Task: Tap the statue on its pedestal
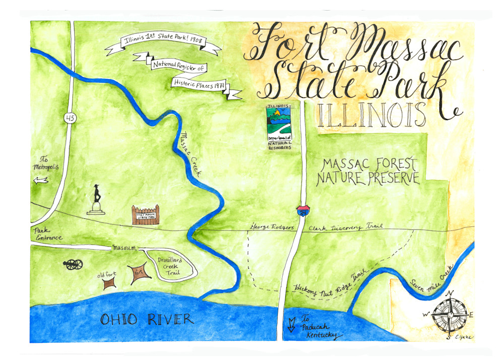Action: (x=96, y=200)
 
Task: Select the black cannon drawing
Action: (x=73, y=264)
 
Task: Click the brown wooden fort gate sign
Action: (x=145, y=215)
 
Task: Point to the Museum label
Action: (x=124, y=248)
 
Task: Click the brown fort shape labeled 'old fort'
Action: (x=109, y=284)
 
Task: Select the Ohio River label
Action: (x=147, y=319)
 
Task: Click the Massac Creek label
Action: (x=190, y=153)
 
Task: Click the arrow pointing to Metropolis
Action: (x=40, y=180)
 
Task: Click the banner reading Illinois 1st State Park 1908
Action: (x=163, y=45)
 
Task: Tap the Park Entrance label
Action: (x=48, y=234)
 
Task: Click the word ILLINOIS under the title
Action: (x=369, y=115)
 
